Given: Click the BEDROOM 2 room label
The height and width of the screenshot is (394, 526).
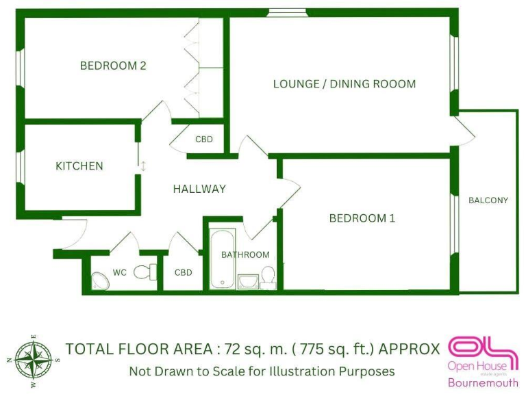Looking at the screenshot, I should coord(113,66).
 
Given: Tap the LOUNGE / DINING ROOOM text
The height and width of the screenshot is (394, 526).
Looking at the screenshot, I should coord(345,84).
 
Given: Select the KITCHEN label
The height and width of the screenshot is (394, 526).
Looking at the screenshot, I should coord(79,166).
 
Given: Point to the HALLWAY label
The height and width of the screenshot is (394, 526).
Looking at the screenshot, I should coord(199,189).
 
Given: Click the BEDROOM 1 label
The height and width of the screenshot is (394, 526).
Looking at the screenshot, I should coord(362,219).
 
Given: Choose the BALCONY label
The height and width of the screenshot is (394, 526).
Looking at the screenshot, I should coord(488,200).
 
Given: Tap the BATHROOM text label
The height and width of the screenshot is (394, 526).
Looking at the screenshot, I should coord(245,254).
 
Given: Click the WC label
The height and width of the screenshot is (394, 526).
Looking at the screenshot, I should coord(120,272).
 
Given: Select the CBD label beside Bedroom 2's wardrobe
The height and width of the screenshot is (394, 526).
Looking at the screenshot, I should coord(204,140).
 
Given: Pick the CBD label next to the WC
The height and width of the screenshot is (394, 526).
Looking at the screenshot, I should coord(184,272).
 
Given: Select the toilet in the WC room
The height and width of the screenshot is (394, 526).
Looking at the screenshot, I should coord(145,272).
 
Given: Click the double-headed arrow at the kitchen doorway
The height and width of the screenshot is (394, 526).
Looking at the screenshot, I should coord(144,166).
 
